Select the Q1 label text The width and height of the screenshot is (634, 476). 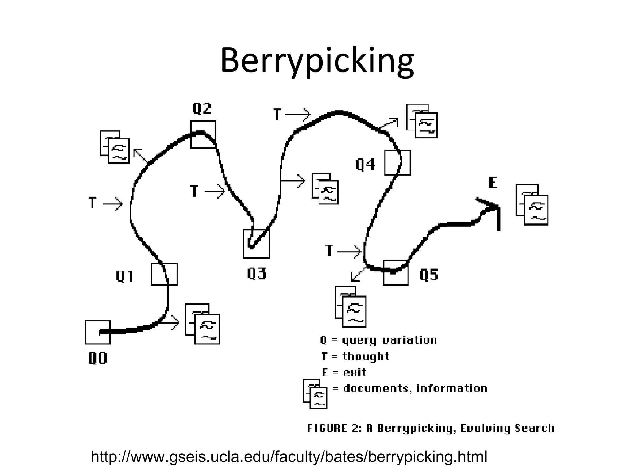click(125, 276)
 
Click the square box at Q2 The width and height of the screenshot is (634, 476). click(203, 134)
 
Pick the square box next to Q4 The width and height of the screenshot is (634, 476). click(398, 163)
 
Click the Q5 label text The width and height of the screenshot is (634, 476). click(429, 275)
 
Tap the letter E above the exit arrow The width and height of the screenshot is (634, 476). click(493, 183)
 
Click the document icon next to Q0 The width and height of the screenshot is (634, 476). click(202, 324)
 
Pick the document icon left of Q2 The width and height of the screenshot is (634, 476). click(115, 147)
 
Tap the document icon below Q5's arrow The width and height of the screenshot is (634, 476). click(350, 307)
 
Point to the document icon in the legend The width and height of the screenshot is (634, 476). click(315, 394)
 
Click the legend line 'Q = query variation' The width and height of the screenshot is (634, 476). click(378, 340)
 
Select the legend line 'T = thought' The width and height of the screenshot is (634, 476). click(355, 356)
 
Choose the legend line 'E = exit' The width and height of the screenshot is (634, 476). click(344, 372)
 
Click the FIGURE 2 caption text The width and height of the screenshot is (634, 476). click(431, 428)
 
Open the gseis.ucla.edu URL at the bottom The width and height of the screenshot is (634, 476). click(289, 457)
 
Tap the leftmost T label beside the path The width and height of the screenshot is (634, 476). click(93, 203)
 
